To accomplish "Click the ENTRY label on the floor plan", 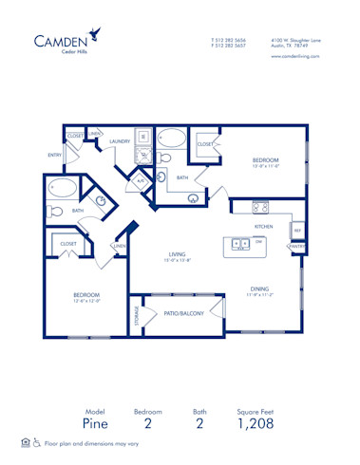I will point(54,155).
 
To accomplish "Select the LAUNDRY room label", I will point(120,141).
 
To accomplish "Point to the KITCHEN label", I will point(263,227).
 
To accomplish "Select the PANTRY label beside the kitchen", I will point(296,247).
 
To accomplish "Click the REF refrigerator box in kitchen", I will point(296,230).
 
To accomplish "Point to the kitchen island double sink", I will point(241,243).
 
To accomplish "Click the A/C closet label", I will point(141,180).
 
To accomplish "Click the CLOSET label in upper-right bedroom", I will point(205,144).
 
